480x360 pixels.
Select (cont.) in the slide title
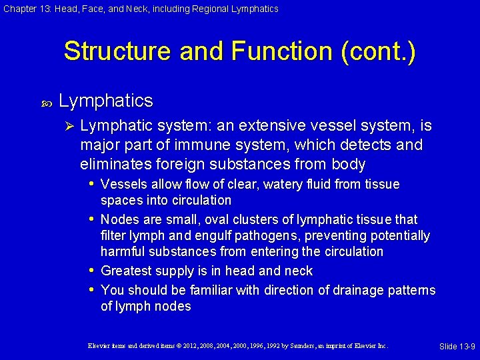click(378, 52)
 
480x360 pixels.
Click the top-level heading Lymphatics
click(106, 101)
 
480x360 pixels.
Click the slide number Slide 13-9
click(457, 347)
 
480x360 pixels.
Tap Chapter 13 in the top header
click(24, 9)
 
